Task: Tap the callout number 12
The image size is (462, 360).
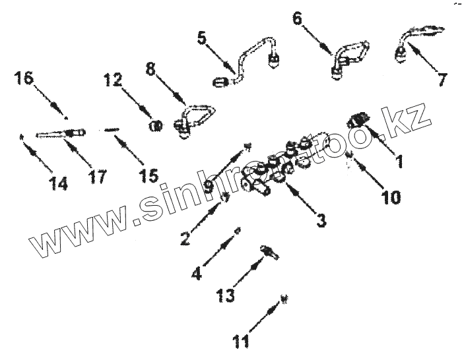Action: pyautogui.click(x=112, y=81)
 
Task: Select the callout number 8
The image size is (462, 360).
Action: pyautogui.click(x=150, y=69)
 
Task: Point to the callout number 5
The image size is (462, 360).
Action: pyautogui.click(x=201, y=38)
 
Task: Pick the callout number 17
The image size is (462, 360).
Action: pyautogui.click(x=97, y=177)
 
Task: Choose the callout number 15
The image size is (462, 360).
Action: pyautogui.click(x=148, y=176)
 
